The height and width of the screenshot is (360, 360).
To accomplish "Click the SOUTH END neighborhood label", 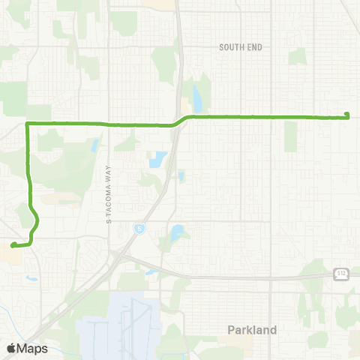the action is tap(241, 47).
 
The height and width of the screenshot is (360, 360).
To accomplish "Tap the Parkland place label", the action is tap(252, 329).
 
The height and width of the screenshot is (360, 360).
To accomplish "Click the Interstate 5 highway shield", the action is tap(140, 227).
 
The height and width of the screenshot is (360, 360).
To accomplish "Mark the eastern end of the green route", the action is tap(346, 115).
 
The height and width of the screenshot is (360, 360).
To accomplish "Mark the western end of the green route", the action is tap(13, 244).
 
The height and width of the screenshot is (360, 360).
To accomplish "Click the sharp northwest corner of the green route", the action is tap(28, 123).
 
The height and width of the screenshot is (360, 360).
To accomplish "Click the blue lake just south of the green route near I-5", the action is tap(157, 160).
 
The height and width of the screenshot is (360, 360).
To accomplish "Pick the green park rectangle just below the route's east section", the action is tap(289, 136).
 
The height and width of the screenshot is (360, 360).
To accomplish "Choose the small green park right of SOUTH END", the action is tap(298, 56).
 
